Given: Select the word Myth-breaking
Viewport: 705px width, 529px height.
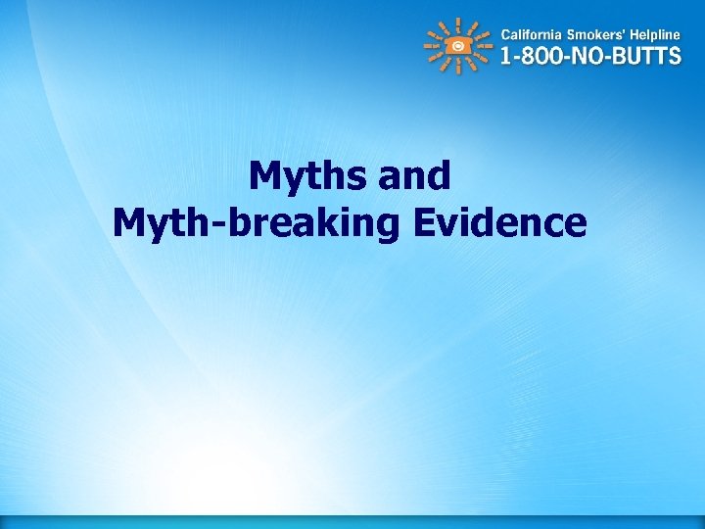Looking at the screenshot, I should [256, 223].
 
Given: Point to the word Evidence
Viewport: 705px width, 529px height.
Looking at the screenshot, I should [499, 223].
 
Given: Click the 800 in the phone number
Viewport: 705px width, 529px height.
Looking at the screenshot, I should [538, 55].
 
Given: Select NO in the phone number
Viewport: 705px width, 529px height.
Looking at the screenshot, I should [587, 55].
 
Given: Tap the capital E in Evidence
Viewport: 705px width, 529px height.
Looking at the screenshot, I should [424, 223].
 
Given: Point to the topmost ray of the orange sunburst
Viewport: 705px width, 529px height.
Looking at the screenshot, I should [458, 22].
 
